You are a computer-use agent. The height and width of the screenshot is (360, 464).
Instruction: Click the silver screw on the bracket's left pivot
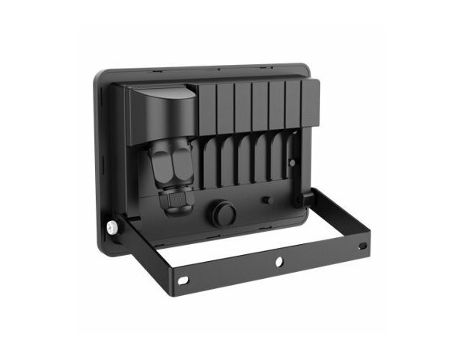pyautogui.click(x=113, y=227)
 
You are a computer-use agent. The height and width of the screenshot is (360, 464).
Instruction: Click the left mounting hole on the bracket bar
pyautogui.click(x=184, y=280)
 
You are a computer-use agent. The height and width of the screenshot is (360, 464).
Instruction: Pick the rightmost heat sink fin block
pyautogui.click(x=309, y=104)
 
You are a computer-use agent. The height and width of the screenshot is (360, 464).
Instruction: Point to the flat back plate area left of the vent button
pyautogui.click(x=197, y=220)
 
